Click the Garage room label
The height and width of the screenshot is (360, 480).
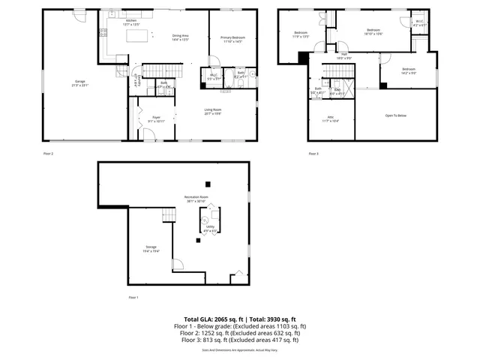tap(80, 82)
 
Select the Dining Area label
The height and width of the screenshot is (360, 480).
tap(180, 37)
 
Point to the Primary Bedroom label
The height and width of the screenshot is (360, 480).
tap(232, 39)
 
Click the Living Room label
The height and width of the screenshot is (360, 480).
tap(212, 112)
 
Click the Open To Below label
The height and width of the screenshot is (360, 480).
tap(396, 115)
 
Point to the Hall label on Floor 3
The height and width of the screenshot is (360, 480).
tap(344, 55)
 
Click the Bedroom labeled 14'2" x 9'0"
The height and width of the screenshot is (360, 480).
tap(408, 70)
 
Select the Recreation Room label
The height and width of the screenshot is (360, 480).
tap(196, 199)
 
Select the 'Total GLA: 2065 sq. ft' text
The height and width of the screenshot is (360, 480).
tap(211, 319)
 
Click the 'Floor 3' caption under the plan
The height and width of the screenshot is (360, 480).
tap(313, 154)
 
